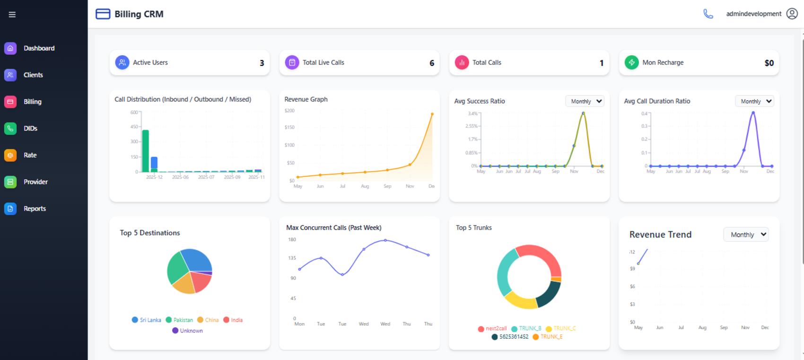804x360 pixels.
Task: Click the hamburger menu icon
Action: (12, 15)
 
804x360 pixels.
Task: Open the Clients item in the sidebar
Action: (33, 75)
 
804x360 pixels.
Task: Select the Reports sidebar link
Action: (35, 209)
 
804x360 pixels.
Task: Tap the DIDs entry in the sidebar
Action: (30, 128)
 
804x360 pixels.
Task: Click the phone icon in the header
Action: (708, 14)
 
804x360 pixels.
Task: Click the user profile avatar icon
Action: (792, 14)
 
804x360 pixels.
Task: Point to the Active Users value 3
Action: (262, 63)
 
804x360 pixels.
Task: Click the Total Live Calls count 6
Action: (432, 63)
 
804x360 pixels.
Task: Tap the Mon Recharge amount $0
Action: (769, 63)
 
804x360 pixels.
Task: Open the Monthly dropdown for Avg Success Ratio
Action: (585, 101)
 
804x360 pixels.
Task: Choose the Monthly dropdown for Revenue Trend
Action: (746, 235)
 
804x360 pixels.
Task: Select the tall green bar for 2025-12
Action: (146, 150)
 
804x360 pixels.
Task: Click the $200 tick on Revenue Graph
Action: (289, 111)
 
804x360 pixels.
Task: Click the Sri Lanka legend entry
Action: (147, 320)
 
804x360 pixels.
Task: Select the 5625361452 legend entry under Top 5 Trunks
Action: (510, 337)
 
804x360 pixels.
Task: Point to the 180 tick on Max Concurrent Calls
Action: (292, 240)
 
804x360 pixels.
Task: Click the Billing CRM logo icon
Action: (103, 14)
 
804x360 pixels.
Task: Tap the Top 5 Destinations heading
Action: (150, 233)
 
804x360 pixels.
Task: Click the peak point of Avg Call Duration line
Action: (753, 113)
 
